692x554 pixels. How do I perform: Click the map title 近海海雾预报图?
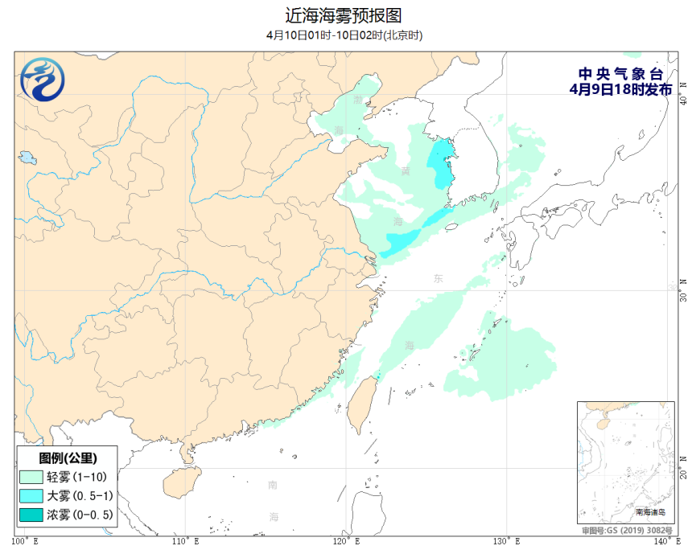pos(344,15)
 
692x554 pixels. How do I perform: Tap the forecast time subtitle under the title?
pos(344,35)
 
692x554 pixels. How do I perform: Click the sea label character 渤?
pos(358,101)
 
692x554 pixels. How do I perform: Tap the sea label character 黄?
pos(405,170)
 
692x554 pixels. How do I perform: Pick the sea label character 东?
pos(438,278)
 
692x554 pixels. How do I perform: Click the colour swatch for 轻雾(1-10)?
pos(31,477)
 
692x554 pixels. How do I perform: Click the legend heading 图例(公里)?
pos(67,458)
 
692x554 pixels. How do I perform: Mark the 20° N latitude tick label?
pos(684,469)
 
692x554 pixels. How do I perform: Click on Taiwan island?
pos(356,402)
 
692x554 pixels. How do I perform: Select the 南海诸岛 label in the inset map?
pos(651,511)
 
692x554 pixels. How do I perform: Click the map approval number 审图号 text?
pos(628,531)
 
